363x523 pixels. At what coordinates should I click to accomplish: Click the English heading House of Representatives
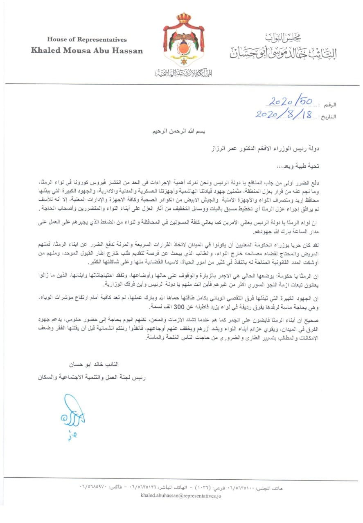click(x=87, y=40)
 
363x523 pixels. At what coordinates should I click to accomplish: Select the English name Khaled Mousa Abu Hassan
click(x=87, y=51)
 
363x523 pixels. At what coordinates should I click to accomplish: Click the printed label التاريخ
click(x=327, y=116)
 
